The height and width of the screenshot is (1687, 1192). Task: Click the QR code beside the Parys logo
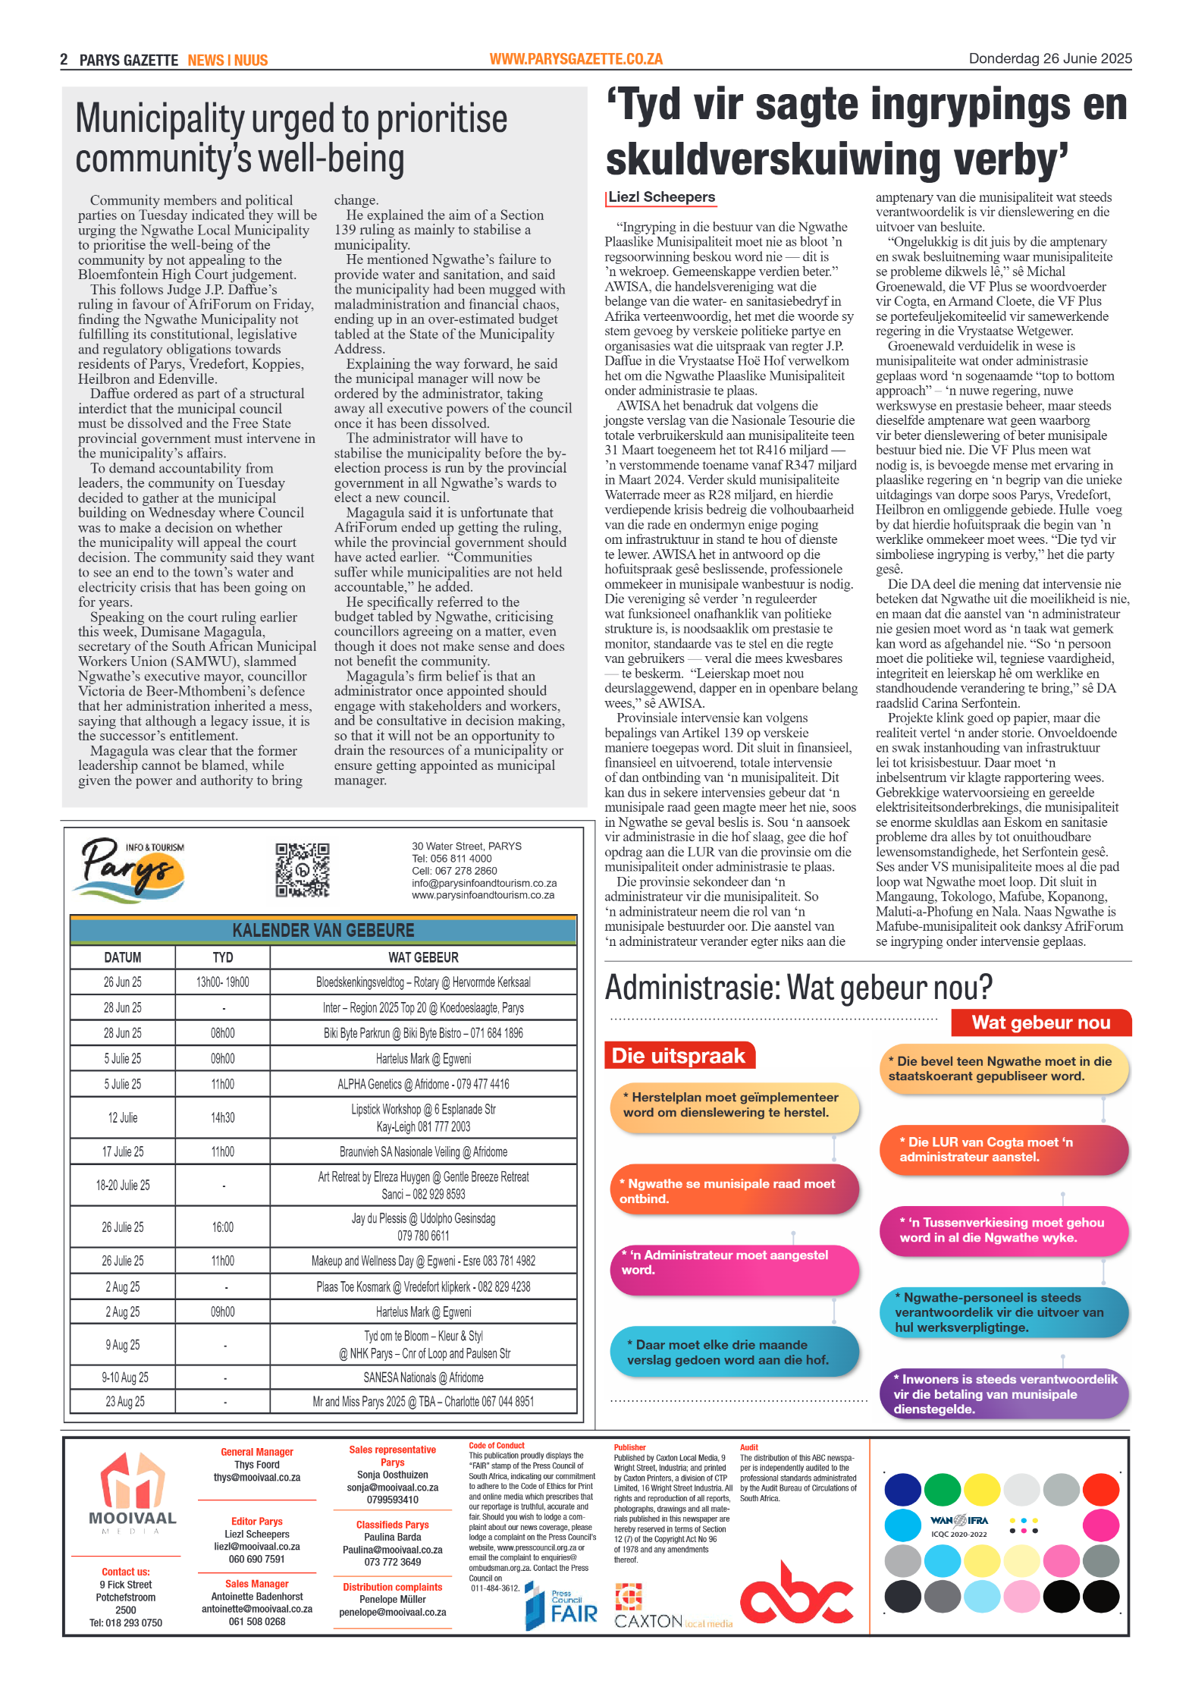click(302, 870)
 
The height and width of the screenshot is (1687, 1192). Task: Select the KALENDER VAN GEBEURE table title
click(323, 930)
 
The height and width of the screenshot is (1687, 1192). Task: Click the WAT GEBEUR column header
click(423, 957)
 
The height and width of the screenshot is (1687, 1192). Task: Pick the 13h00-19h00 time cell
click(223, 982)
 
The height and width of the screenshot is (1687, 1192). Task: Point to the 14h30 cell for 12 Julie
click(223, 1118)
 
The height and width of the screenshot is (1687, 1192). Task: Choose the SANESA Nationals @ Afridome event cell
click(423, 1378)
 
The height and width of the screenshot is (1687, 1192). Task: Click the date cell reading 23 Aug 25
click(124, 1402)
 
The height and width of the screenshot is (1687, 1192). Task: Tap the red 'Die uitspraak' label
click(679, 1056)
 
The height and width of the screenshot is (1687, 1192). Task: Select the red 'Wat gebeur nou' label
click(1041, 1023)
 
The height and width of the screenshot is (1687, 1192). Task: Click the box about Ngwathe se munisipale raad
click(733, 1191)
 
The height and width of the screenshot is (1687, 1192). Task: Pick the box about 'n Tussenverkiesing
click(1002, 1230)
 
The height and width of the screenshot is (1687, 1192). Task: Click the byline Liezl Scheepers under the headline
click(661, 197)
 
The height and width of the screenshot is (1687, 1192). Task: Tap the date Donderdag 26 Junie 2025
click(1049, 58)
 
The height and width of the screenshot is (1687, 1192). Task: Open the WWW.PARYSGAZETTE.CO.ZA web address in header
click(576, 59)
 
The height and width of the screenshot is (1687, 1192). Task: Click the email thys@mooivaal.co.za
click(256, 1478)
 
